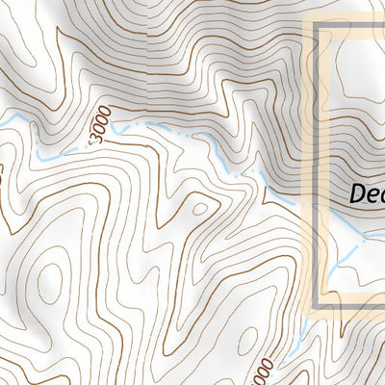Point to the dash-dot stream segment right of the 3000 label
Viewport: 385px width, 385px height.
pos(144,126)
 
